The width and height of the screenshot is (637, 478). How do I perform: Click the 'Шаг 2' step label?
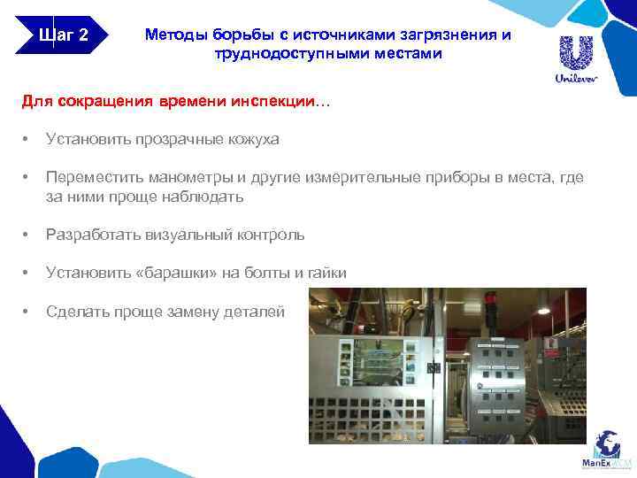click(64, 36)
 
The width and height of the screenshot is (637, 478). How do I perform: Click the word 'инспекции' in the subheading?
click(273, 103)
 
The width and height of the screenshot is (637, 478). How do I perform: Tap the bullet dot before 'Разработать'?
click(27, 235)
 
